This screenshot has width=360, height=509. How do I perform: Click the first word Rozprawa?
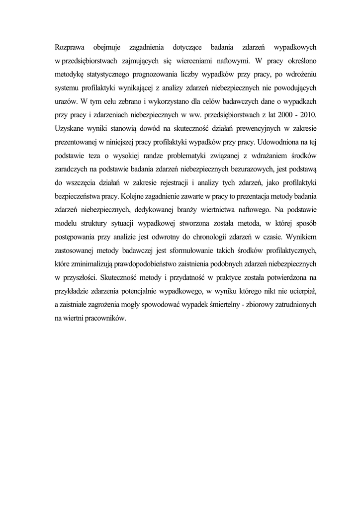(69, 48)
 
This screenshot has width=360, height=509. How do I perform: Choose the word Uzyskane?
(70, 128)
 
